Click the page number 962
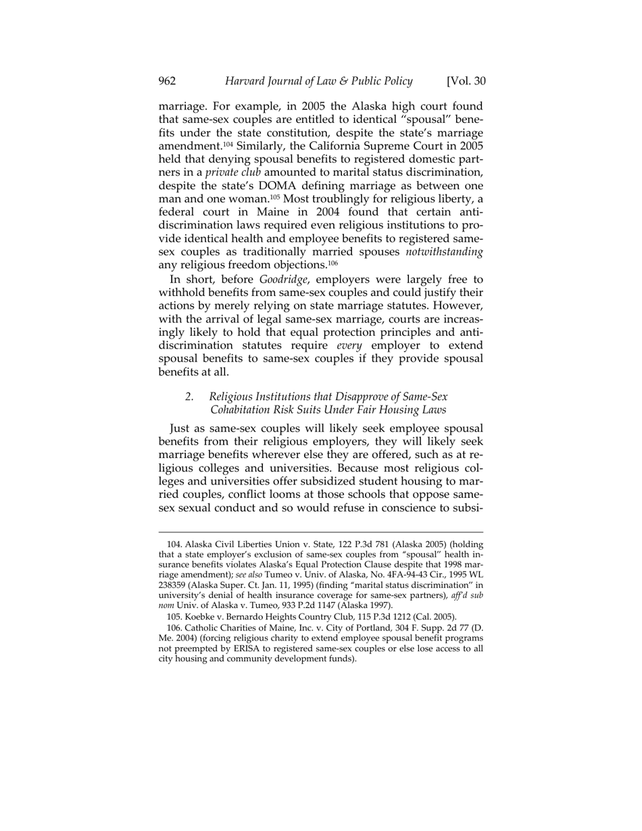pos(167,82)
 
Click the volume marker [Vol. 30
pos(466,82)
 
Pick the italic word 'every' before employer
pos(349,346)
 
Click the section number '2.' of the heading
pos(190,397)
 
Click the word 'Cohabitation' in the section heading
pos(242,409)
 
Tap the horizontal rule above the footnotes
pos(320,532)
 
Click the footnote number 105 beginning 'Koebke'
pos(174,617)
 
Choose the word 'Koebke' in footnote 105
pos(201,617)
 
